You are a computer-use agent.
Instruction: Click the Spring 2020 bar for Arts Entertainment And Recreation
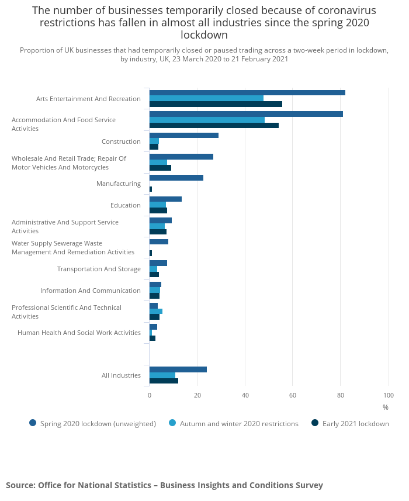[247, 93]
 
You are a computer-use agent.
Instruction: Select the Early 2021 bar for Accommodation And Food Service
[214, 125]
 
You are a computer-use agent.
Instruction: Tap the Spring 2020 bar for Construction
[184, 135]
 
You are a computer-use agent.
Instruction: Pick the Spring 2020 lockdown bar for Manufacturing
[176, 178]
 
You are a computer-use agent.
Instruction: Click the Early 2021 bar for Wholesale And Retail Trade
[160, 168]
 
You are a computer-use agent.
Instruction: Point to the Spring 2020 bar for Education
[165, 199]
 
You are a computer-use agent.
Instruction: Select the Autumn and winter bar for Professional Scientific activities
[156, 311]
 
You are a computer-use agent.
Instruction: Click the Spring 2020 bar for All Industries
[178, 369]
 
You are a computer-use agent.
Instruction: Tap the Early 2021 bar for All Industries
[164, 381]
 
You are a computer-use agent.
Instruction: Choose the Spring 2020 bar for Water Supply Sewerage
[159, 241]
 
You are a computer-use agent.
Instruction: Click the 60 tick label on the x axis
[293, 395]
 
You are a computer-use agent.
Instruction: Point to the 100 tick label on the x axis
[389, 395]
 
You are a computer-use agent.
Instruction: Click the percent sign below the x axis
[386, 407]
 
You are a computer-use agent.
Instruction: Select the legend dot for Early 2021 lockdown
[315, 423]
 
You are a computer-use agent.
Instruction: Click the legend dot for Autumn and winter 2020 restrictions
[172, 423]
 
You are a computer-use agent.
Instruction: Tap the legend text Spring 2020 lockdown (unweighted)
[98, 424]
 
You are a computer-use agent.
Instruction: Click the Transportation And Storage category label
[99, 269]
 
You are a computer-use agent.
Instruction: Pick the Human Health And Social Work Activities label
[79, 333]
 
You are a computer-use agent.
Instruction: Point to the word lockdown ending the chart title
[204, 35]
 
